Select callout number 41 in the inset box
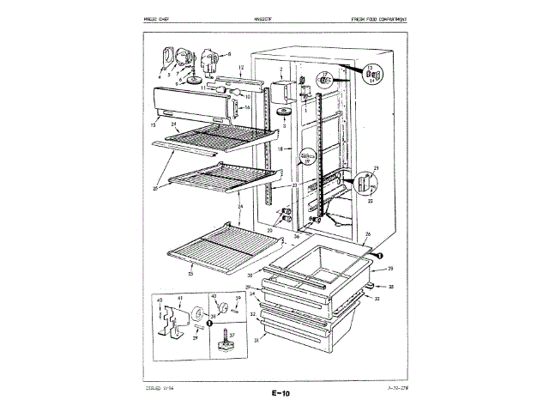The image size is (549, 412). click(179, 298)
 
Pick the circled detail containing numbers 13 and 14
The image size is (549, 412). click(371, 76)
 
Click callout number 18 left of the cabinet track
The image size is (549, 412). click(279, 149)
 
